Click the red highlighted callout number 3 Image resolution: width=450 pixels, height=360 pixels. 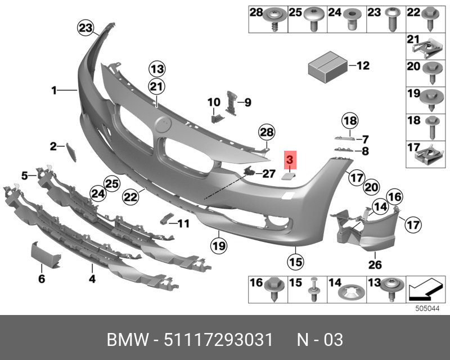(290, 161)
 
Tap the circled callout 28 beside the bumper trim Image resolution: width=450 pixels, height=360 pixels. (267, 133)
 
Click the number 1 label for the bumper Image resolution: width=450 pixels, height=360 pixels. (55, 90)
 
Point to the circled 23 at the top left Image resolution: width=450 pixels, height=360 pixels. (85, 28)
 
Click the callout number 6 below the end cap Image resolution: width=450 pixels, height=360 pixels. (41, 279)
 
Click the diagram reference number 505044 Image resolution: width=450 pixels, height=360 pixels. (426, 308)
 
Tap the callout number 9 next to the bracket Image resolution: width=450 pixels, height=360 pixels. (247, 102)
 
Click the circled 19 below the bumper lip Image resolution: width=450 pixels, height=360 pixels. (218, 245)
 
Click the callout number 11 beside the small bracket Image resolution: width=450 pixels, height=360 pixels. (183, 223)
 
